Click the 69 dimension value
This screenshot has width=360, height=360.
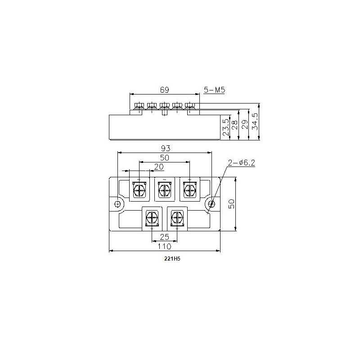[x=164, y=90]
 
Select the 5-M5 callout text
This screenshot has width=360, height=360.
[x=215, y=90]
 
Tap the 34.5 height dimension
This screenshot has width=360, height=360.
[x=255, y=121]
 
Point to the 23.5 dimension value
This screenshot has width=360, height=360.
[x=226, y=127]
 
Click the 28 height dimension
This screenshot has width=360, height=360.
[x=235, y=125]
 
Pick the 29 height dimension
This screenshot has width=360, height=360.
[x=245, y=125]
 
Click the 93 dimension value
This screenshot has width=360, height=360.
[x=166, y=148]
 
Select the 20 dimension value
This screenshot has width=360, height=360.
[x=159, y=167]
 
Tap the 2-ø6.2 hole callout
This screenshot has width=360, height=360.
[x=242, y=162]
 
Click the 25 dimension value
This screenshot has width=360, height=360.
[x=164, y=237]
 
